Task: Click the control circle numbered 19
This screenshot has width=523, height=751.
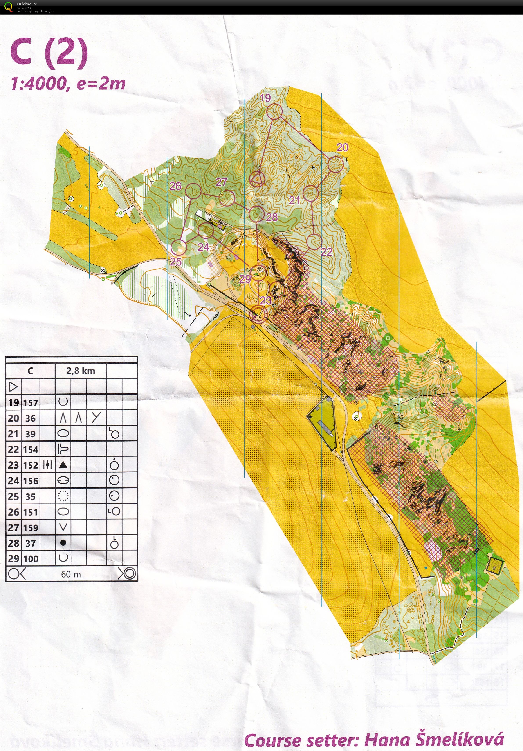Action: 274,112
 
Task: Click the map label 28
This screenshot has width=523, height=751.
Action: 272,217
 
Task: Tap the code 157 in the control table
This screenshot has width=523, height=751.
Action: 31,403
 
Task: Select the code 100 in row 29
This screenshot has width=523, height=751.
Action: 31,559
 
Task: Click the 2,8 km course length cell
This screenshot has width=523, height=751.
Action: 81,371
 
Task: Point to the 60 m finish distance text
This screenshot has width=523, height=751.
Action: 71,574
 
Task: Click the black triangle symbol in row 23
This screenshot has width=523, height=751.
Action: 63,465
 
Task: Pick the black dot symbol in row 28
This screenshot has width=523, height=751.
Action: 63,543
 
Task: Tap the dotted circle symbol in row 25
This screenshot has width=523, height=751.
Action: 63,496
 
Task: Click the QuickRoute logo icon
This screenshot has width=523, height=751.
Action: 8,7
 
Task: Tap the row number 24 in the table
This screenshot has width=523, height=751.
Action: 13,481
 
